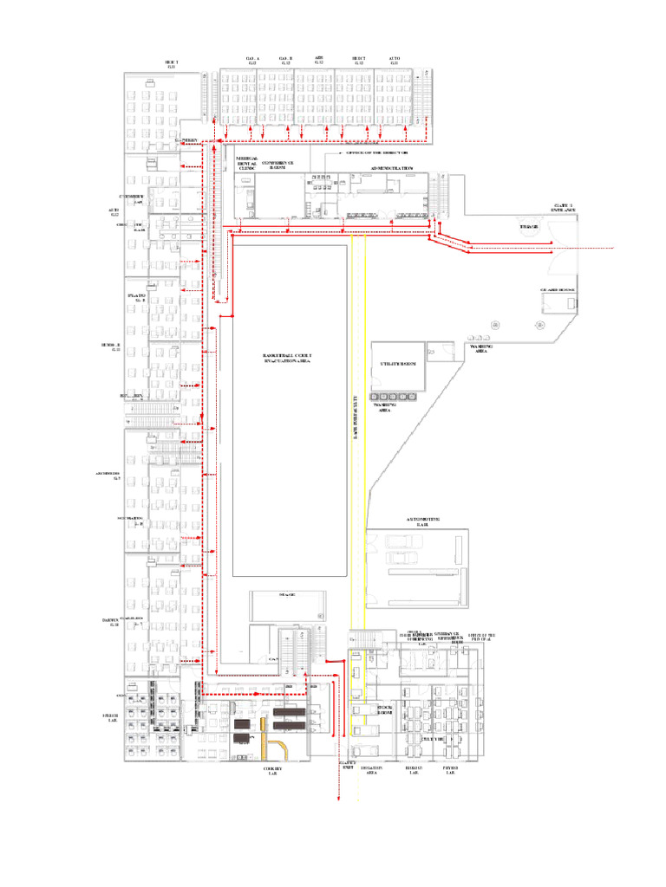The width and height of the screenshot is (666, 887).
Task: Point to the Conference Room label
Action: (277, 165)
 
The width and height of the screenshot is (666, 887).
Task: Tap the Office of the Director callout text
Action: (377, 152)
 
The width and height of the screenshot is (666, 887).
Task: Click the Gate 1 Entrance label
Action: (558, 209)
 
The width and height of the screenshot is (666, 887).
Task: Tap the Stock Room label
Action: (363, 709)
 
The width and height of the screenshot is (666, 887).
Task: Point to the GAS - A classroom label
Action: (252, 60)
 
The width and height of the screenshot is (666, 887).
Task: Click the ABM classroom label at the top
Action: (319, 60)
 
